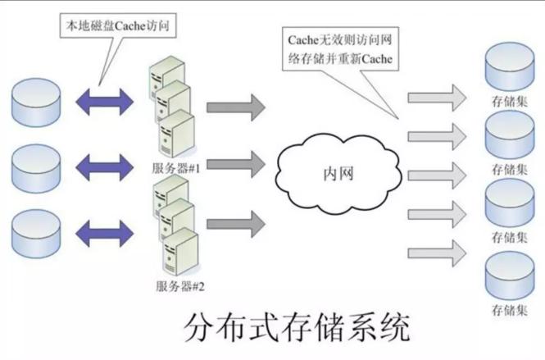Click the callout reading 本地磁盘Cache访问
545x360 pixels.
tap(119, 25)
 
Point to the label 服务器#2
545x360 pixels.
tap(179, 286)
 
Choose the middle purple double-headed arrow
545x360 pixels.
tap(102, 169)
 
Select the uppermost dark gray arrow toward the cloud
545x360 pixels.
tap(235, 107)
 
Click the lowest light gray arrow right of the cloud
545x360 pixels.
tap(436, 247)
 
